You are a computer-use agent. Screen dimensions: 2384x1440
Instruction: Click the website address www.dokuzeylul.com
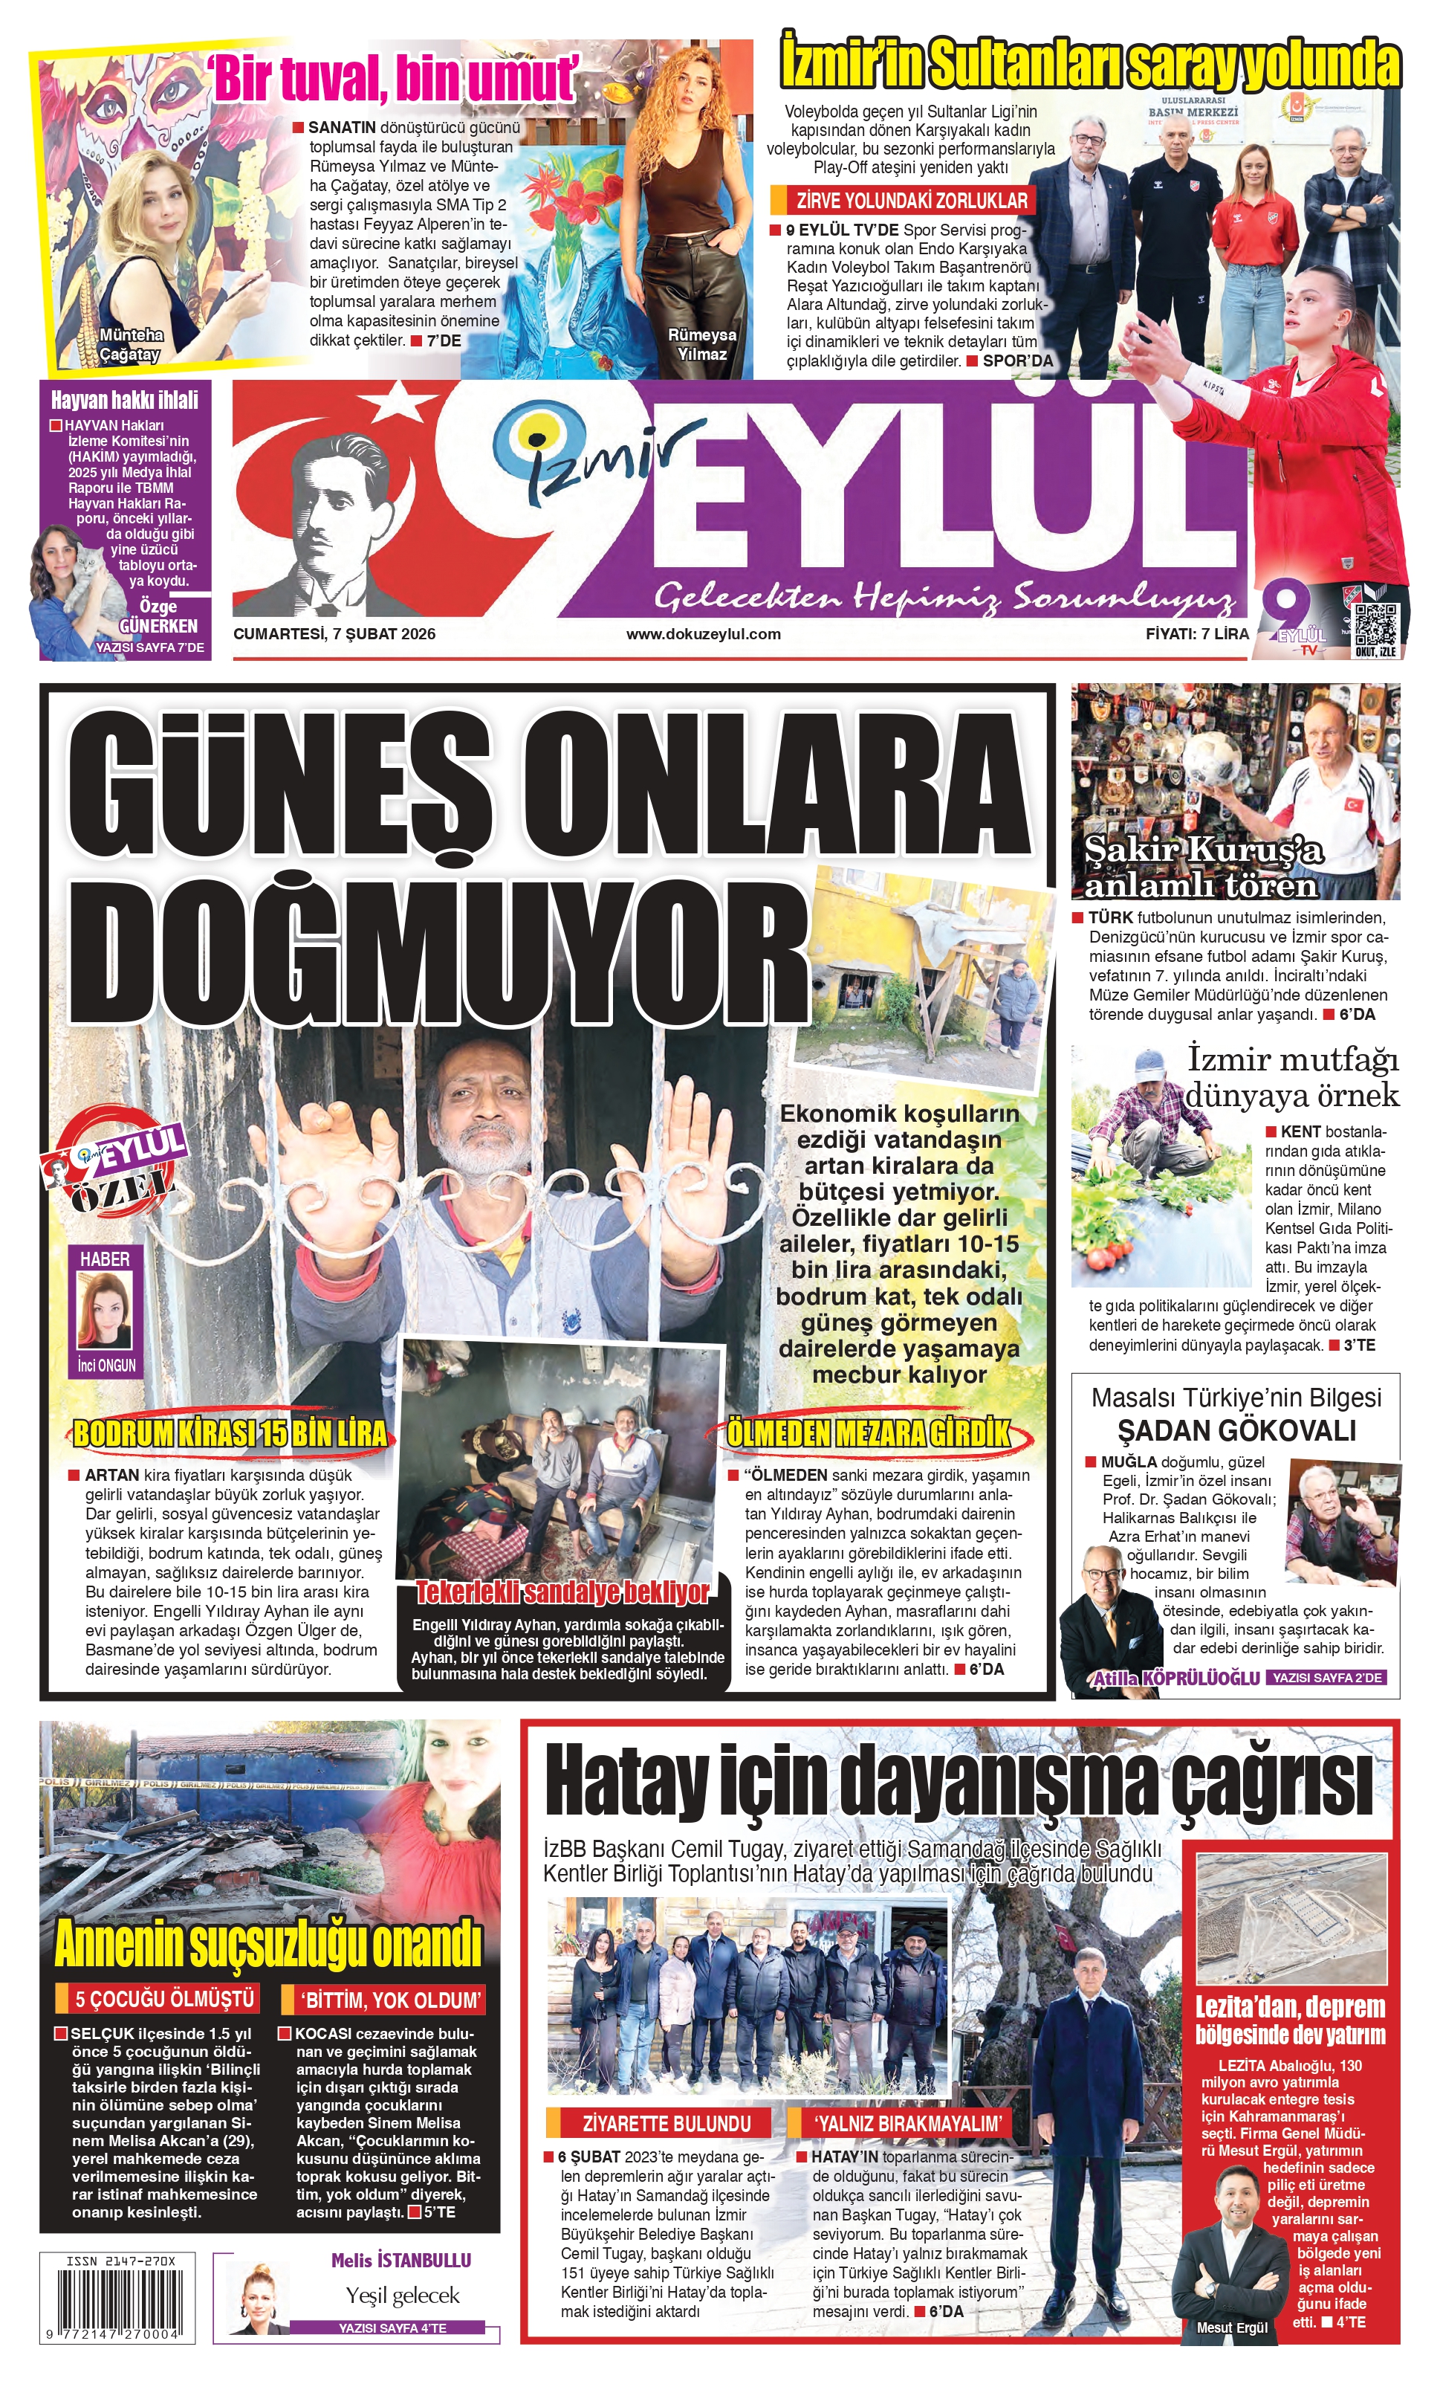point(703,635)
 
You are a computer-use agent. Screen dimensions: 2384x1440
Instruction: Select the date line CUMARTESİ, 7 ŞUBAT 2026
point(334,635)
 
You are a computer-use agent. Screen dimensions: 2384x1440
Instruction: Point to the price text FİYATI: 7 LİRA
point(1196,635)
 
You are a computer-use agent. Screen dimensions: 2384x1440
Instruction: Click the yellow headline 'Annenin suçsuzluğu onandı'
point(268,1942)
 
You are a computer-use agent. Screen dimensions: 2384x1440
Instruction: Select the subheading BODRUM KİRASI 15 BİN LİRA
point(230,1434)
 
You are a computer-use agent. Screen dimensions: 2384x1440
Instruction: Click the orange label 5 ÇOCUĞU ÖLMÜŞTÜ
point(164,1999)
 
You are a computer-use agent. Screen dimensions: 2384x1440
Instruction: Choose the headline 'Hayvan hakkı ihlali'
point(124,401)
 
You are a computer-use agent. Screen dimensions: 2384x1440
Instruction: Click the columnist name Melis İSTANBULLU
point(400,2260)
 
